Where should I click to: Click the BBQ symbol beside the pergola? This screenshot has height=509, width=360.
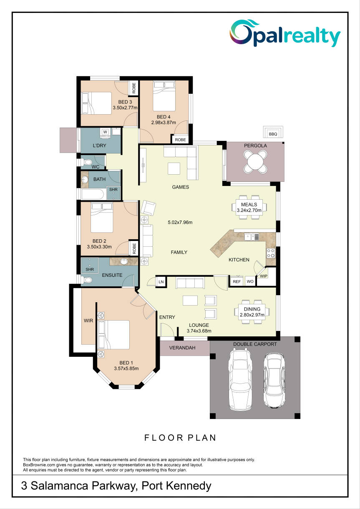coord(273,132)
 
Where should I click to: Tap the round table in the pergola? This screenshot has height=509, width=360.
coord(255,162)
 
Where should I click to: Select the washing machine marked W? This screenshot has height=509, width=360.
coord(105,133)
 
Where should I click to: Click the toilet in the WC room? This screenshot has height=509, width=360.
coord(86,162)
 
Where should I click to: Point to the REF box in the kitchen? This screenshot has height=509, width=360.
coord(237,281)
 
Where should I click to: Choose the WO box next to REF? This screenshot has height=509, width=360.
coord(250,281)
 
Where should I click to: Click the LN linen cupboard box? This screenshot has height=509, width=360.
coord(161,282)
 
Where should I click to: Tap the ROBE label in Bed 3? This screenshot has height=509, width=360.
coord(134,88)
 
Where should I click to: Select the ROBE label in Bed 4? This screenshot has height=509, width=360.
coord(180,140)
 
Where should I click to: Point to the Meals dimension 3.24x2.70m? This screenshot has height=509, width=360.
coord(249,210)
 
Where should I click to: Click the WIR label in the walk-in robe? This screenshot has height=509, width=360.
coord(88,321)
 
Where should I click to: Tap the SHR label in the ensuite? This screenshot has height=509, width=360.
coord(90,269)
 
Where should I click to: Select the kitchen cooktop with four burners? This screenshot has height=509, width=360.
coord(271,253)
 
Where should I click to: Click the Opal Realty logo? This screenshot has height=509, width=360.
coord(285,33)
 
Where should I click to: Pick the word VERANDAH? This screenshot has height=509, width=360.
coord(182,348)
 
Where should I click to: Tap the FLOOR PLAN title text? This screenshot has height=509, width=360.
coord(180,438)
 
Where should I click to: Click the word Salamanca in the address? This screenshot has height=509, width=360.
coord(59,486)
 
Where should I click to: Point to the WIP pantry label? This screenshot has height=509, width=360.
coord(263,276)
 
